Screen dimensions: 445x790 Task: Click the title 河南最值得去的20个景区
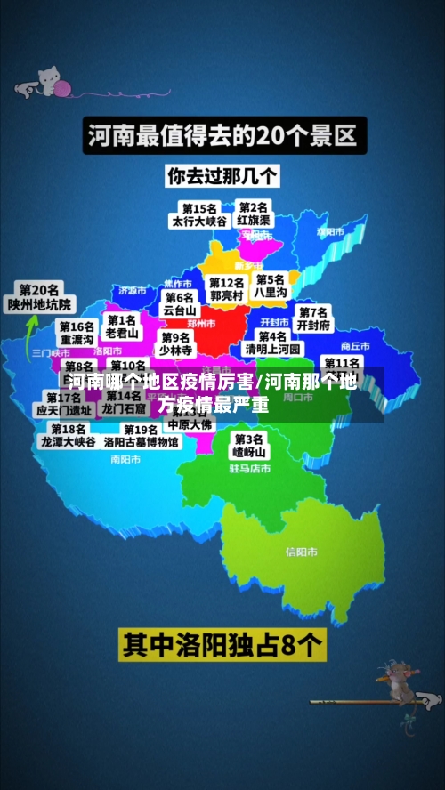tap(222, 137)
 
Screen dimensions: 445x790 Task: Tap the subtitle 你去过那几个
tap(222, 175)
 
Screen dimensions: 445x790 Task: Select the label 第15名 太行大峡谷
tap(200, 215)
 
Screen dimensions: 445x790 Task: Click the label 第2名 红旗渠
tap(255, 214)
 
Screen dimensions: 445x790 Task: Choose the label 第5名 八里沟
tap(271, 286)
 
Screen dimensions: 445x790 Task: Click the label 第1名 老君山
tap(122, 326)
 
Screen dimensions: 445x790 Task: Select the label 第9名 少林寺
tap(176, 343)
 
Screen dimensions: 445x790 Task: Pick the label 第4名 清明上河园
tap(273, 343)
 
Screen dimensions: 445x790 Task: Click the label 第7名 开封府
tap(313, 318)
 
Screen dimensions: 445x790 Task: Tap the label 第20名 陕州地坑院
tap(40, 297)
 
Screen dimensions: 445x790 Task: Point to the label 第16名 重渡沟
tap(77, 334)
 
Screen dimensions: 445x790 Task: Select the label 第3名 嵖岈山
tap(249, 446)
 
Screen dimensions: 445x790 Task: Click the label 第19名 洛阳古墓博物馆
tap(141, 435)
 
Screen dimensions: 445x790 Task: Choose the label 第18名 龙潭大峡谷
tap(68, 435)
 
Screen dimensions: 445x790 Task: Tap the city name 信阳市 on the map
tap(302, 552)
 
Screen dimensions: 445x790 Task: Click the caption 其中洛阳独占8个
tap(222, 644)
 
